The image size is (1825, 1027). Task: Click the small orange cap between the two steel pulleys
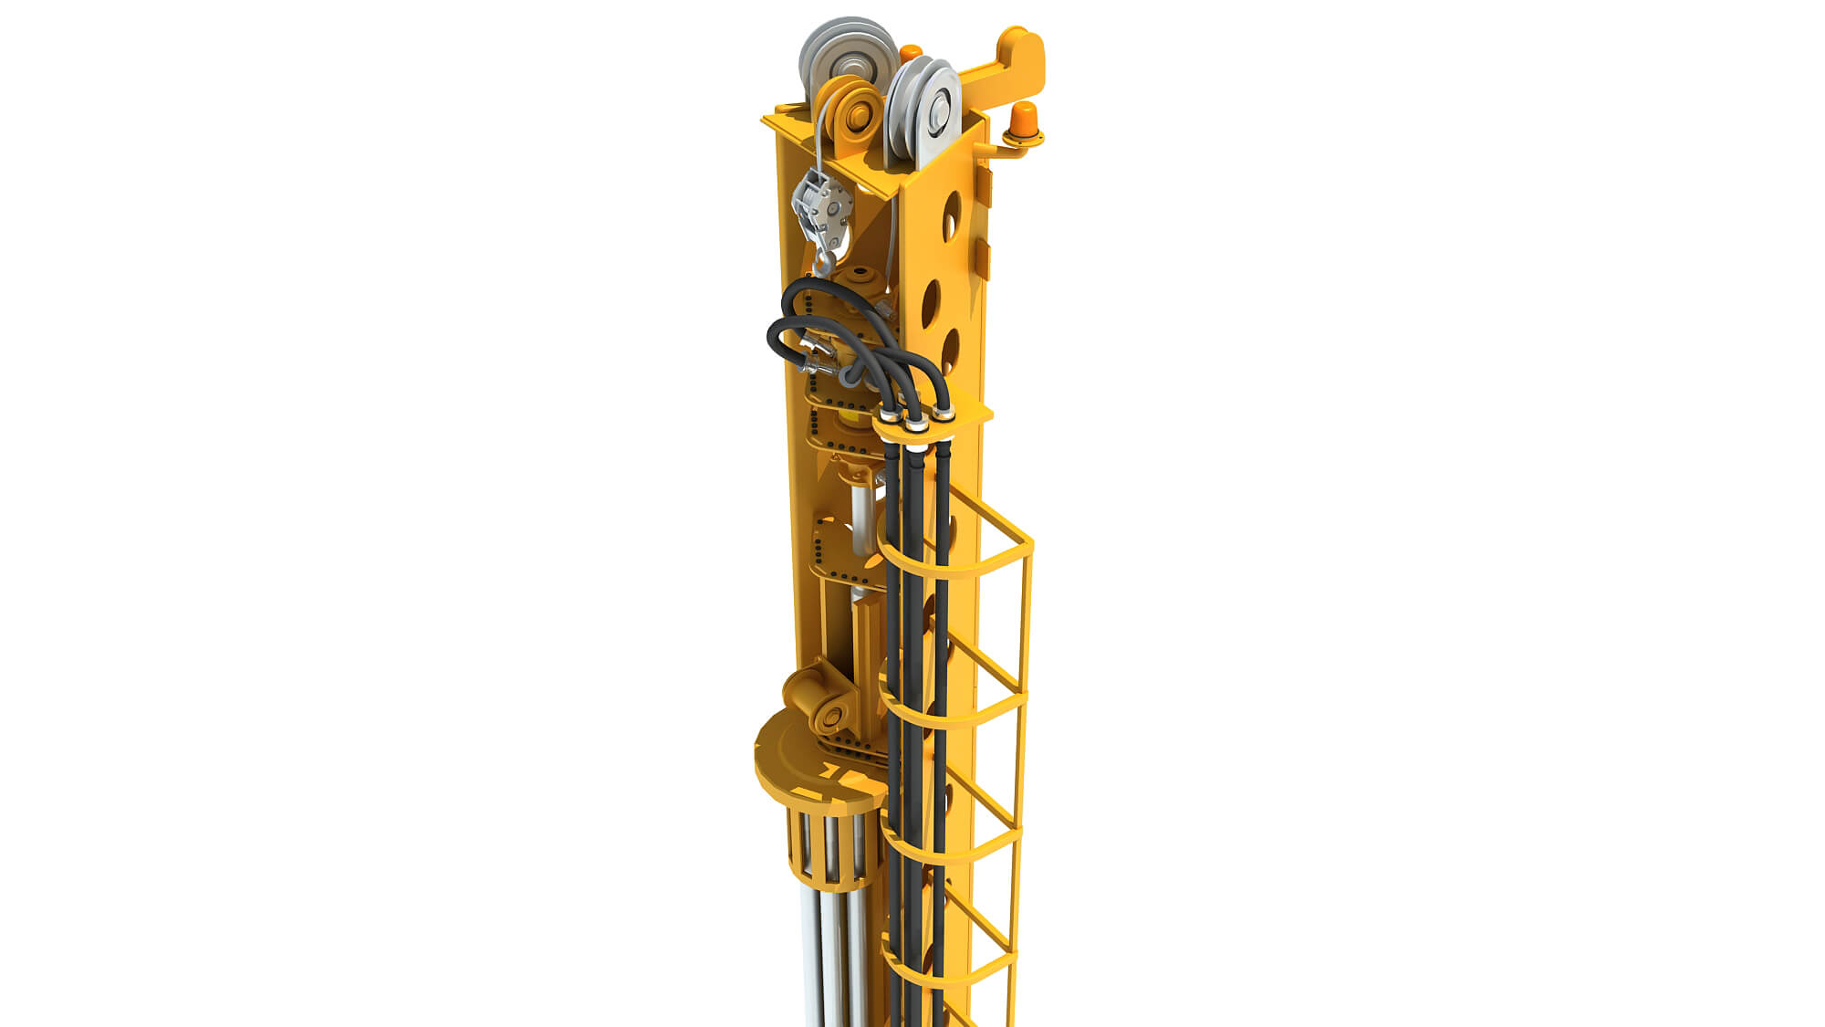[910, 53]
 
